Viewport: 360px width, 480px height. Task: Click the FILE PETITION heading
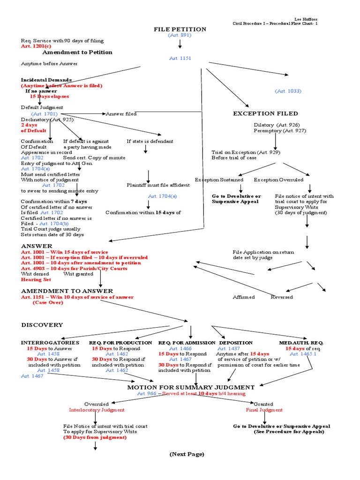click(180, 30)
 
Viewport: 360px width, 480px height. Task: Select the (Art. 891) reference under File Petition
click(180, 36)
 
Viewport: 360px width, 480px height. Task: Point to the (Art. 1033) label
click(288, 91)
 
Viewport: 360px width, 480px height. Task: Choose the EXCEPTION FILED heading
click(265, 113)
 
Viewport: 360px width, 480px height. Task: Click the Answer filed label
click(121, 114)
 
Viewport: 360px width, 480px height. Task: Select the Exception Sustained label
click(219, 180)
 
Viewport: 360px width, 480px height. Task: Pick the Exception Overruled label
click(278, 180)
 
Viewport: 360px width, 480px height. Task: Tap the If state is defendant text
click(150, 141)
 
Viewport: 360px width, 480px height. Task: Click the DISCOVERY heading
click(42, 325)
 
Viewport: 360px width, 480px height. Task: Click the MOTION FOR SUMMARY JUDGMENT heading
click(191, 387)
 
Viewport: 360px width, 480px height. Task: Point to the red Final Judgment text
click(264, 410)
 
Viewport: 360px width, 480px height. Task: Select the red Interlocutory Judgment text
click(97, 410)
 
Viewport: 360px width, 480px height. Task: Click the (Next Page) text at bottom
click(187, 454)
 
